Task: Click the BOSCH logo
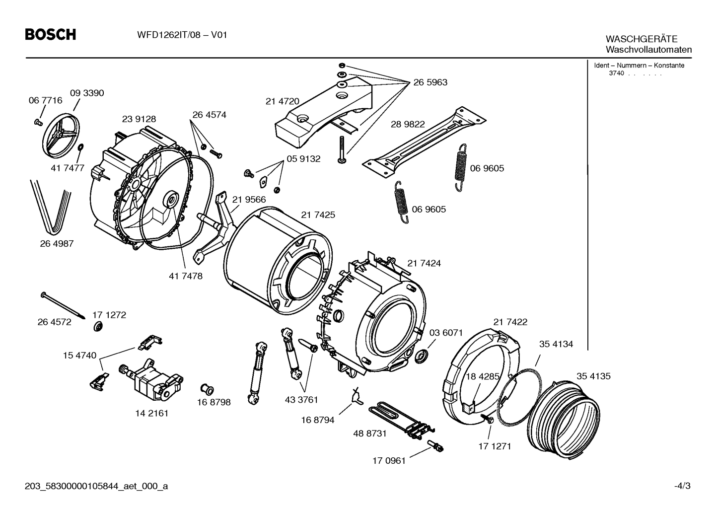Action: tap(51, 35)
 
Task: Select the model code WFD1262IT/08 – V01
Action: tap(182, 35)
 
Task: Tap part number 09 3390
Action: tap(87, 93)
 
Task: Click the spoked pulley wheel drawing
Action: tap(61, 135)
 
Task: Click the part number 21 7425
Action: tap(318, 215)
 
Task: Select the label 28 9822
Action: tap(408, 124)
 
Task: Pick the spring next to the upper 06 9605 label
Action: tap(461, 167)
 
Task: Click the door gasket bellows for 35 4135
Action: tap(563, 420)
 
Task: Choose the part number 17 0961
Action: tap(389, 461)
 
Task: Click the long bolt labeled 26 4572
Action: tap(63, 305)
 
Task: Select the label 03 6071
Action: tap(446, 333)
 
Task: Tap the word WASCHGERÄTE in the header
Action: tap(642, 39)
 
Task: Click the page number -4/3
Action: tap(682, 486)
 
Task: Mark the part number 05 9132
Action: tap(303, 159)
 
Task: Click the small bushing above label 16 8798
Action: tap(207, 389)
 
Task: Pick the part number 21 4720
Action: tap(283, 101)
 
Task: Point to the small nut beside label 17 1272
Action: tap(98, 327)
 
